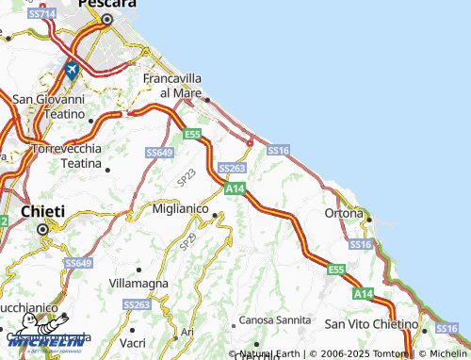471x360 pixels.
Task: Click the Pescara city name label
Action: pyautogui.click(x=106, y=5)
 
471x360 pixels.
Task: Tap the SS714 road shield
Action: pyautogui.click(x=41, y=16)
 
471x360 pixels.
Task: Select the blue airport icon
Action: pyautogui.click(x=70, y=70)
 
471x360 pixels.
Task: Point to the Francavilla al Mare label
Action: pyautogui.click(x=174, y=86)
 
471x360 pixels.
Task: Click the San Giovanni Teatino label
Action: pyautogui.click(x=48, y=106)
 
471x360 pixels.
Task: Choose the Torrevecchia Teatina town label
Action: pyautogui.click(x=67, y=155)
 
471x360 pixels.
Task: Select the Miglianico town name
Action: pyautogui.click(x=180, y=207)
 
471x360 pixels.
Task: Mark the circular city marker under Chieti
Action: pyautogui.click(x=41, y=228)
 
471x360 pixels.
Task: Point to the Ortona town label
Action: pyautogui.click(x=344, y=213)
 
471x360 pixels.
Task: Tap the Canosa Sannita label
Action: pyautogui.click(x=275, y=320)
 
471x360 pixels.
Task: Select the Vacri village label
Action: pyautogui.click(x=133, y=341)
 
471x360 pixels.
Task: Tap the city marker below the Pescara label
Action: pyautogui.click(x=106, y=20)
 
